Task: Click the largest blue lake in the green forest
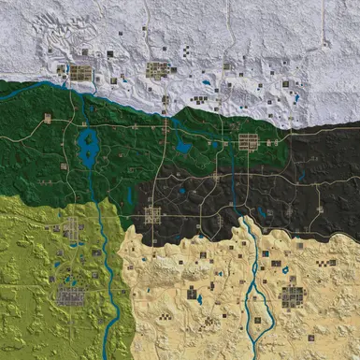point(90,149)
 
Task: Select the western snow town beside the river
point(81,72)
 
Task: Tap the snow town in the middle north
point(158,69)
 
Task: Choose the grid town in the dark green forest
point(248,142)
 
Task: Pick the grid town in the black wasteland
point(152,215)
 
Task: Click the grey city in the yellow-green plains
point(71,297)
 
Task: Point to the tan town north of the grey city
point(72,227)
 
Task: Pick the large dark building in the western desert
point(192,294)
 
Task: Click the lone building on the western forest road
point(48,118)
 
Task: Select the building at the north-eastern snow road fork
point(285,84)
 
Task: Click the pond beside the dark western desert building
point(199,301)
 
